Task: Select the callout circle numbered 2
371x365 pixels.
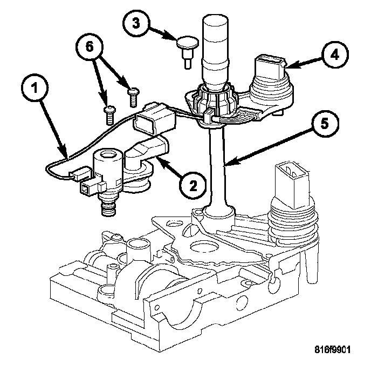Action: [x=192, y=185]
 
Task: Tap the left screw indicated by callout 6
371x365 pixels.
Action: [x=110, y=112]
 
